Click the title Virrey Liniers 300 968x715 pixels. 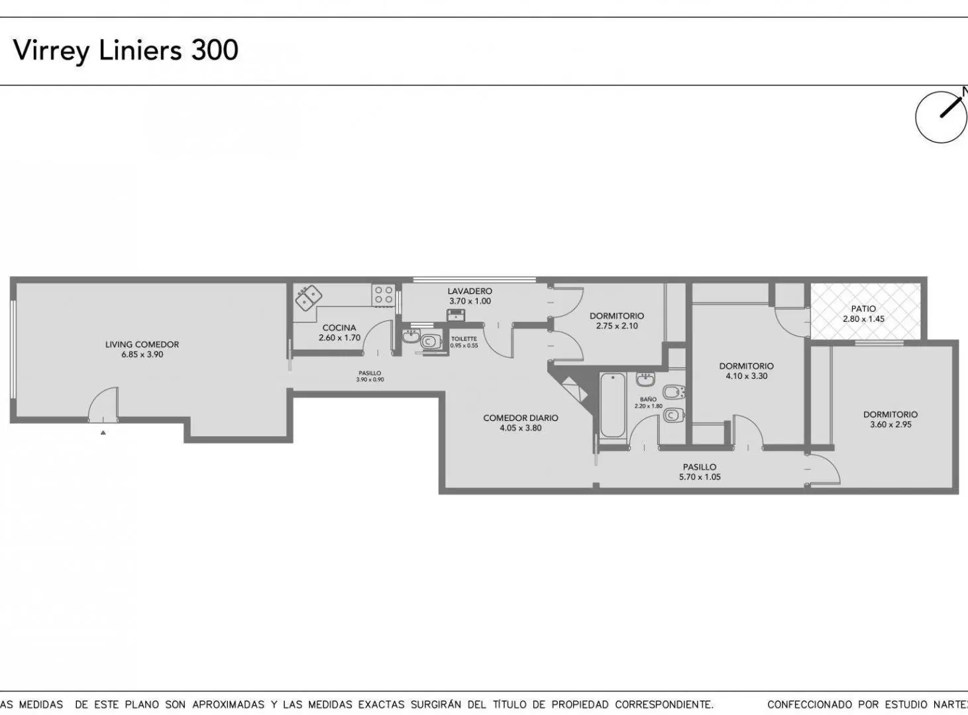pos(126,50)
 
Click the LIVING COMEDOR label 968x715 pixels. pos(142,344)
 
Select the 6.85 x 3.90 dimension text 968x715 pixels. pos(142,354)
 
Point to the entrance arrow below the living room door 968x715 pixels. pos(103,432)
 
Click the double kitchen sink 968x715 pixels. pos(309,297)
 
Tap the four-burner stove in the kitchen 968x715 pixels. pos(384,295)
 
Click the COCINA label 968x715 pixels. pos(339,328)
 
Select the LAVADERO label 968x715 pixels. pos(470,291)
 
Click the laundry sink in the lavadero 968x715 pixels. pos(456,314)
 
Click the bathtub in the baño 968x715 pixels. pos(612,405)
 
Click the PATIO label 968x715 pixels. pos(863,309)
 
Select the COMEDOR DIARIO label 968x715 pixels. pos(521,418)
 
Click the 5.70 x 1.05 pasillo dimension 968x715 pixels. pos(700,477)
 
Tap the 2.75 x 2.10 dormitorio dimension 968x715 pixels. pos(617,326)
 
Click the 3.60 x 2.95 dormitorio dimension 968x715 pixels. pos(890,424)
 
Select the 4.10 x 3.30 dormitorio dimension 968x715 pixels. pos(746,375)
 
